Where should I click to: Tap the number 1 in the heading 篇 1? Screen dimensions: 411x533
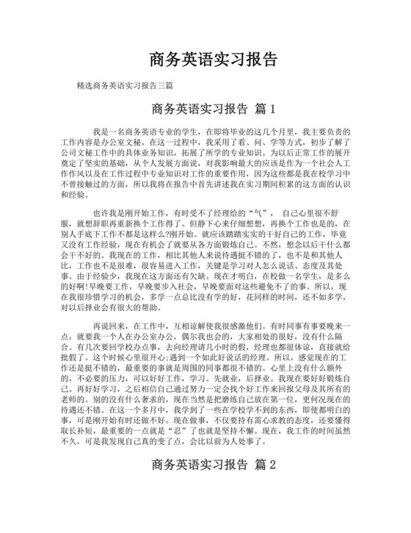pos(272,110)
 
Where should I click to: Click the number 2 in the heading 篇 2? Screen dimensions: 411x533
pos(272,465)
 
